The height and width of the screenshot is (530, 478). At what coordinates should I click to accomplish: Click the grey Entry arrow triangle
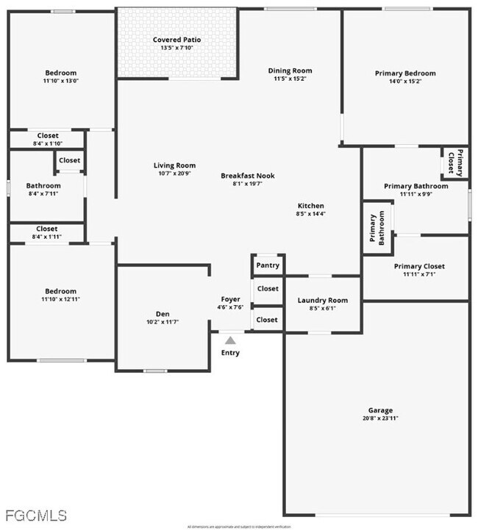[230, 340]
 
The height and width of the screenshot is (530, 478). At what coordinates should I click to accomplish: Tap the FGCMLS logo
[35, 515]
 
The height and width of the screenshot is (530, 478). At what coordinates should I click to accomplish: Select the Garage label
[380, 410]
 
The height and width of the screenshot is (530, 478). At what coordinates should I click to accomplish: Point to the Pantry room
[267, 265]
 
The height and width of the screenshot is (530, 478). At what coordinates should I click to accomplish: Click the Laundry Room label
[322, 300]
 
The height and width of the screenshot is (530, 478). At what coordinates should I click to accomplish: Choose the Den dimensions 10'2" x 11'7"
[163, 322]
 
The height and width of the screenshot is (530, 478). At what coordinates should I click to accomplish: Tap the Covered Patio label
[176, 40]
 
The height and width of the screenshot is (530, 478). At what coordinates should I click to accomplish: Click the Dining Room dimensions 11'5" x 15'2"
[290, 79]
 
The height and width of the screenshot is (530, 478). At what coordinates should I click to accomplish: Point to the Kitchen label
[310, 206]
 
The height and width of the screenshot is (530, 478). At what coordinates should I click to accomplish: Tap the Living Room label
[174, 165]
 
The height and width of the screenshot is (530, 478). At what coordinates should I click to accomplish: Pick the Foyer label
[230, 299]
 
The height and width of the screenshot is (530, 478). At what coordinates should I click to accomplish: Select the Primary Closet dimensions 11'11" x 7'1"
[419, 274]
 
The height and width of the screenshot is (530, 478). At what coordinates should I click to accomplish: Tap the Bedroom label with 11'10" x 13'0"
[61, 73]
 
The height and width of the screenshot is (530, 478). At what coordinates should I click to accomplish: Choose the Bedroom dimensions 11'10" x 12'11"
[61, 299]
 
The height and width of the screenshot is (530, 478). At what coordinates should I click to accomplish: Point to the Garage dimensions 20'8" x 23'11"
[380, 418]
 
